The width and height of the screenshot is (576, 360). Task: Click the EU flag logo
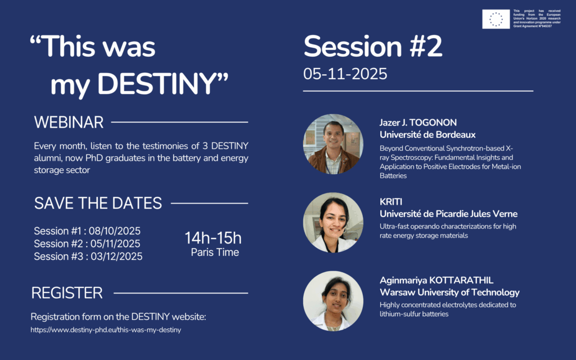coord(496,19)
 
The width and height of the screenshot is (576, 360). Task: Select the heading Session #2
coord(373,46)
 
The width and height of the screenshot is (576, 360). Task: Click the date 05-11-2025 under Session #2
coord(345,74)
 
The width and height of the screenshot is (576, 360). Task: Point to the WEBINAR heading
coord(69,122)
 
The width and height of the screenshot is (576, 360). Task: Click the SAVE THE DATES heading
coord(98,203)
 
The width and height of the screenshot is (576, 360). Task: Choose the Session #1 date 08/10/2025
coord(115,231)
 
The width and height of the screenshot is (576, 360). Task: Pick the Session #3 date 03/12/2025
coord(116,256)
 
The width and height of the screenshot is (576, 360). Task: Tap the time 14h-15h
coord(213,238)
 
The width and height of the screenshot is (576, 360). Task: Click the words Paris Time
coord(215,253)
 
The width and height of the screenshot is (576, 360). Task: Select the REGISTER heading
coord(67,293)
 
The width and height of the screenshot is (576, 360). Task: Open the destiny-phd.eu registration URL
coord(106,330)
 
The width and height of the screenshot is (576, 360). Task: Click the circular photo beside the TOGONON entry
coord(333,144)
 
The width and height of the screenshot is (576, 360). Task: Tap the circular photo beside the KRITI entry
coord(333,223)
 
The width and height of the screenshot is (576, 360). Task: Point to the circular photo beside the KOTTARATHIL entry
coord(333,301)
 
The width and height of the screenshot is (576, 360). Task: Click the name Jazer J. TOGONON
coord(418,123)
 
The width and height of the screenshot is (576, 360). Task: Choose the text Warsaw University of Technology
coord(449,292)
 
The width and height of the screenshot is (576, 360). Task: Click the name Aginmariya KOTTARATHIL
coord(436,280)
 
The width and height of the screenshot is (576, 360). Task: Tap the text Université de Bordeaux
coord(427,135)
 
